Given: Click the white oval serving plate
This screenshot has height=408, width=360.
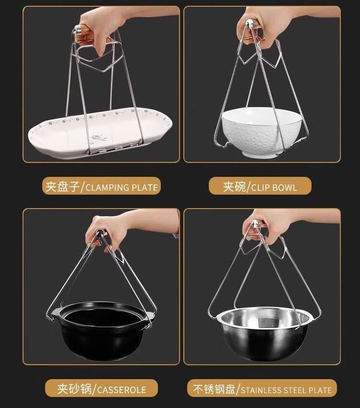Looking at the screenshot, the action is click(100, 133).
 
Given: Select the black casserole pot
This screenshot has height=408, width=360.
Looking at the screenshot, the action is click(102, 330).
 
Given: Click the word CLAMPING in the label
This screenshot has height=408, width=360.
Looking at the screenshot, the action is click(108, 187).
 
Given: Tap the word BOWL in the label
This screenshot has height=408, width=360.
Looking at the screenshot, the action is click(285, 187).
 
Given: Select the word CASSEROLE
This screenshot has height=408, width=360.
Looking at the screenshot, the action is click(121, 390).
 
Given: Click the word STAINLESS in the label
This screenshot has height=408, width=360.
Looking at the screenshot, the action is click(261, 390).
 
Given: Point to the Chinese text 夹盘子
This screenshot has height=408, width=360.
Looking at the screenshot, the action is click(62, 187).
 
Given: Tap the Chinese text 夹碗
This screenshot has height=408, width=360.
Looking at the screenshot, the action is click(234, 187).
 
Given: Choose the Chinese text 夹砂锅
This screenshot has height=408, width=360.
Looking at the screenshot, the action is click(74, 389).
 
